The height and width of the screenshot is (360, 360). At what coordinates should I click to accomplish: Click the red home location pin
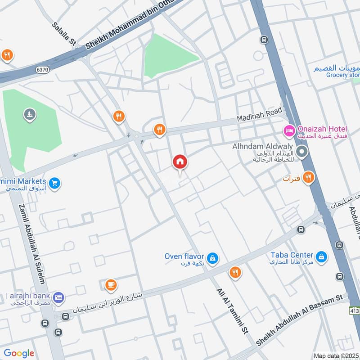pyautogui.click(x=180, y=162)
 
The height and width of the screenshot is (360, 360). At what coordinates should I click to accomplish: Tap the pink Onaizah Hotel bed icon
pyautogui.click(x=289, y=130)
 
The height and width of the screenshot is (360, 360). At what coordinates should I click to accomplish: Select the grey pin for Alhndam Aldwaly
pyautogui.click(x=302, y=153)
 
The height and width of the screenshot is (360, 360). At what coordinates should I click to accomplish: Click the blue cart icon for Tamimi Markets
pyautogui.click(x=55, y=183)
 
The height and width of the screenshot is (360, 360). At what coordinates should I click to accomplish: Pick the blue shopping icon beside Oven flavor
pyautogui.click(x=213, y=258)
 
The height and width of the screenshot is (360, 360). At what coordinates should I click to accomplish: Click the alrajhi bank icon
pyautogui.click(x=58, y=297)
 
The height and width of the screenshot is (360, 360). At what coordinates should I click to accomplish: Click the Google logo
pyautogui.click(x=19, y=353)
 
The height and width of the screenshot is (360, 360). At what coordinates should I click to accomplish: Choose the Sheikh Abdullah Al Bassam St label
pyautogui.click(x=300, y=320)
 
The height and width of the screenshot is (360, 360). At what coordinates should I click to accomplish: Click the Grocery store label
pyautogui.click(x=343, y=75)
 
